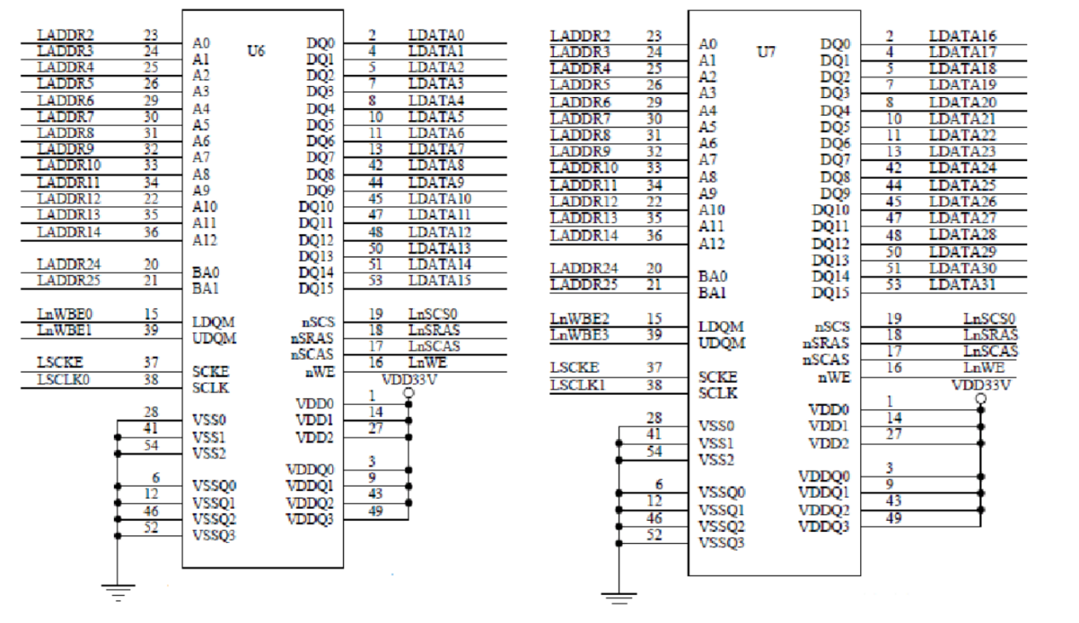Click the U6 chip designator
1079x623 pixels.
pos(255,50)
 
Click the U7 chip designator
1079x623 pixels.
pos(766,52)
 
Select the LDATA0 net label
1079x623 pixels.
pos(436,35)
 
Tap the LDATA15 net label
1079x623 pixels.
pos(439,280)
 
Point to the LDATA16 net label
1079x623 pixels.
pos(962,36)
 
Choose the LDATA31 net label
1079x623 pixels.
pos(962,285)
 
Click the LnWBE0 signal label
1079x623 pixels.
pos(65,314)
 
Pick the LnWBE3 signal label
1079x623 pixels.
pos(579,335)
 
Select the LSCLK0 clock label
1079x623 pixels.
pos(63,380)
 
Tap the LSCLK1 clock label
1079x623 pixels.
pos(577,385)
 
